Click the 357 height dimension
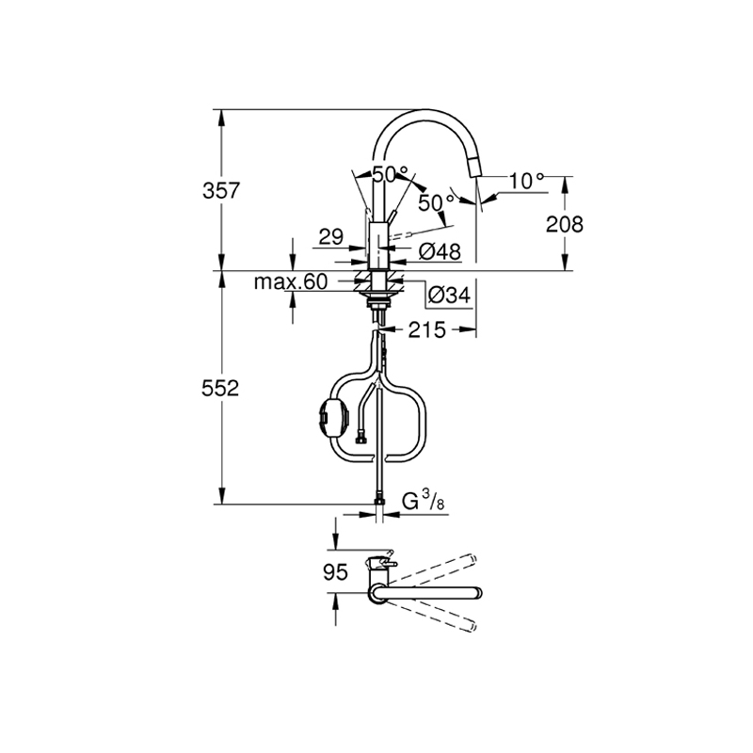222,191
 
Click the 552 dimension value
222,388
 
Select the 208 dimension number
564,225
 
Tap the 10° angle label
527,179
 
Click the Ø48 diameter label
439,251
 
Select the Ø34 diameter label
448,295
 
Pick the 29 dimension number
329,237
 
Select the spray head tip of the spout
473,170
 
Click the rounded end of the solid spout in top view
478,592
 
